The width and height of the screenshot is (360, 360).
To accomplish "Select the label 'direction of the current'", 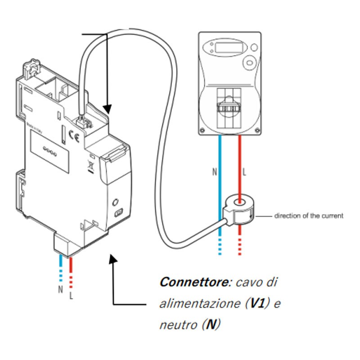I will click(x=309, y=216).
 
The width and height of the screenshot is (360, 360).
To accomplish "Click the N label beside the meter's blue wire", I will click(x=214, y=172).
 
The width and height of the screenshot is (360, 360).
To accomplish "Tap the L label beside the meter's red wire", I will click(x=245, y=172).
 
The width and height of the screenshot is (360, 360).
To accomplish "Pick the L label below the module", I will click(x=71, y=296).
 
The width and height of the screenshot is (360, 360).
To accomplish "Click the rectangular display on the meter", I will click(x=228, y=46).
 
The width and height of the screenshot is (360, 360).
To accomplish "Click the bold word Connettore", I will click(x=194, y=283).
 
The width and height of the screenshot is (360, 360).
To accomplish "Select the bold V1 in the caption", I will click(x=257, y=303).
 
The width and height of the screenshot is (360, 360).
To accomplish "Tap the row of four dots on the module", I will click(x=49, y=150).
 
